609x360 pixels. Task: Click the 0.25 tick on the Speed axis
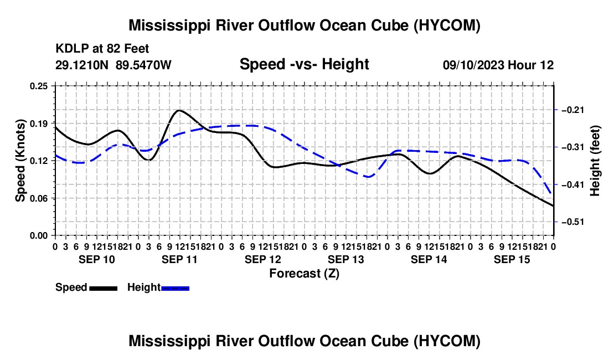coord(38,86)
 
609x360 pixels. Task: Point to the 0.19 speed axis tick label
coord(38,124)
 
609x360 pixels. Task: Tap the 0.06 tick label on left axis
coord(38,198)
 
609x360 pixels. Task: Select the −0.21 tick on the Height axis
coord(573,110)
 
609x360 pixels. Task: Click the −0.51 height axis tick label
coord(573,222)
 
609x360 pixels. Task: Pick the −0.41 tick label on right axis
coord(573,184)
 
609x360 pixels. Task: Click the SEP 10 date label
coord(97,259)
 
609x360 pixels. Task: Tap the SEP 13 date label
coord(345,259)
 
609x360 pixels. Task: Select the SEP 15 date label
coord(512,259)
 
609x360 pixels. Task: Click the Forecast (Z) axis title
coord(304,274)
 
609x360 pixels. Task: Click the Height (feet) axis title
coord(595,161)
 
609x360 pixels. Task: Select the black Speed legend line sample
coord(104,289)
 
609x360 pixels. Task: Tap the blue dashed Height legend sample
coord(175,289)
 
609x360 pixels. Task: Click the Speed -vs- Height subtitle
coord(304,64)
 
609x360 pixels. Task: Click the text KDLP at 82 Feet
coord(102,49)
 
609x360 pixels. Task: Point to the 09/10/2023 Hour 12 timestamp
coord(498,65)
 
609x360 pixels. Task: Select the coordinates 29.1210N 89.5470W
coord(113,65)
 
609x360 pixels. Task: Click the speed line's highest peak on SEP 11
coord(179,110)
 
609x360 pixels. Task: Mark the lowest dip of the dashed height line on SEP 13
coord(368,177)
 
